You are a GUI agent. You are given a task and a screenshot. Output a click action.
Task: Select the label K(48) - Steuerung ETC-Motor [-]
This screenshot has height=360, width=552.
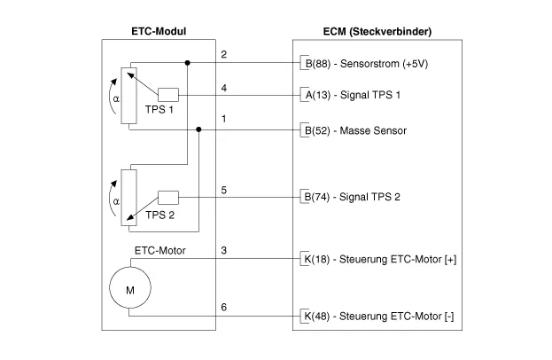377,315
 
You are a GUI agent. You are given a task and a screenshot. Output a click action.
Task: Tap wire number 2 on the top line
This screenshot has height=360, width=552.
223,54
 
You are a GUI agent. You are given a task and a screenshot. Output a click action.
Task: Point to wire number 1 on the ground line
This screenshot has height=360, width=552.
223,120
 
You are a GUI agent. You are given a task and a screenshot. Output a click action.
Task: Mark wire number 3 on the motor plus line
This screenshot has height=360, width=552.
223,250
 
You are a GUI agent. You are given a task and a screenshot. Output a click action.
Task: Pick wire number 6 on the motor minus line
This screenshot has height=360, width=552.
223,306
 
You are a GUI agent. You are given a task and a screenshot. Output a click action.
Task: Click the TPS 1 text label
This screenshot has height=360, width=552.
160,112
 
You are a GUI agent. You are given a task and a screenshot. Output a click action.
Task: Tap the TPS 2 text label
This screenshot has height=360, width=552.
160,215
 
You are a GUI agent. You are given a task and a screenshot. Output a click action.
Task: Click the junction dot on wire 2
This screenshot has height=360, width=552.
189,63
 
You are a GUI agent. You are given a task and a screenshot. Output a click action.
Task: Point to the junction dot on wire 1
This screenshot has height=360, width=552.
199,129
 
